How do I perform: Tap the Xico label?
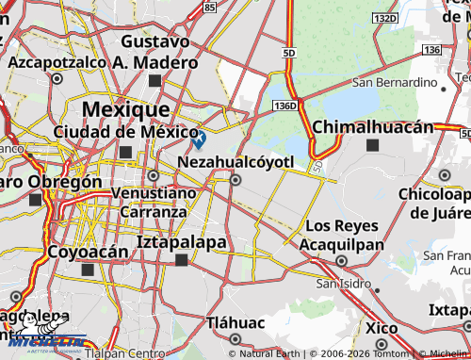[x=382, y=327]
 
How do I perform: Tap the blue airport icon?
[x=199, y=140]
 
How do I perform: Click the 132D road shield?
[x=383, y=18]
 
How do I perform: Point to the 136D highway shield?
[x=287, y=106]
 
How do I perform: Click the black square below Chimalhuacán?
[x=373, y=145]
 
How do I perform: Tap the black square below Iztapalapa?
[x=181, y=260]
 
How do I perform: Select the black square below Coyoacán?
[x=88, y=270]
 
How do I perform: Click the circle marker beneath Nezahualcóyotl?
[x=235, y=179]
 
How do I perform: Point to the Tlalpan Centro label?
[x=124, y=354]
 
